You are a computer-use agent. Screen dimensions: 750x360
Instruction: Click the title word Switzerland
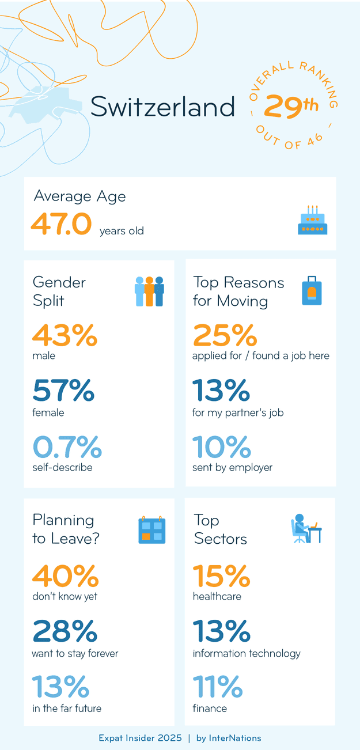coord(163,107)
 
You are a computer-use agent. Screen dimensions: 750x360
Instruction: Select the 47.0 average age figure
coord(61,224)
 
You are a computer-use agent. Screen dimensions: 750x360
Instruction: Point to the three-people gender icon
coord(149,291)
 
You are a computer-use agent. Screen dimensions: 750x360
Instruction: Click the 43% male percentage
coord(65,335)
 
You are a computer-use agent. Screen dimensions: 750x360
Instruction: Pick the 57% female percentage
coord(63,391)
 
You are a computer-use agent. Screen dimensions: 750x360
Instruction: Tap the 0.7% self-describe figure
coord(67,446)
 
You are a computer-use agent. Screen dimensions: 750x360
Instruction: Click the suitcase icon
coord(312,291)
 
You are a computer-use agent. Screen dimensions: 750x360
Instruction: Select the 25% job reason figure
coord(224,335)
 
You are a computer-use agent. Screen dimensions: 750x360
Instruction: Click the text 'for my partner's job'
coord(238,412)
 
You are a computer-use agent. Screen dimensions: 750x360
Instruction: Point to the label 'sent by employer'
coord(232,467)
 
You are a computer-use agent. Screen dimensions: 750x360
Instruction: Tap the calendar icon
coord(152,530)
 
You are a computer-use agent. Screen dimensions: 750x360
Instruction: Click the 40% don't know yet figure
coord(65,575)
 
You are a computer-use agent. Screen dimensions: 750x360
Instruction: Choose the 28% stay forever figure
coord(65,631)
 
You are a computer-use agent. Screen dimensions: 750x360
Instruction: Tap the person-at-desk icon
coord(306,529)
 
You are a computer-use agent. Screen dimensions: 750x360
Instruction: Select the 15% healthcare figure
coord(221,575)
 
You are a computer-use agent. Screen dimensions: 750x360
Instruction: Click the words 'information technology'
coord(247,653)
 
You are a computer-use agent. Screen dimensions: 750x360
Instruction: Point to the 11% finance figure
coord(217,686)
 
